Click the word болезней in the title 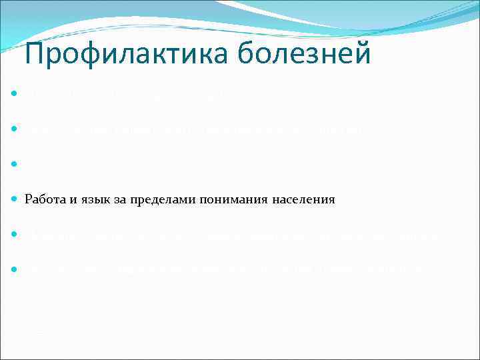[300, 54]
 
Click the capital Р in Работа [28, 199]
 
